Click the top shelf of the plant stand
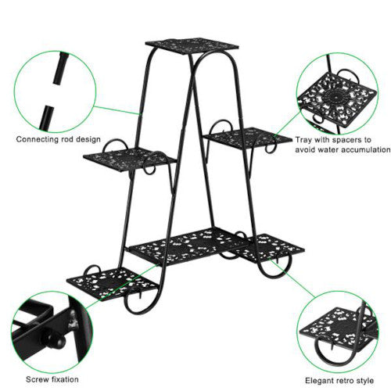(x=192, y=45)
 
